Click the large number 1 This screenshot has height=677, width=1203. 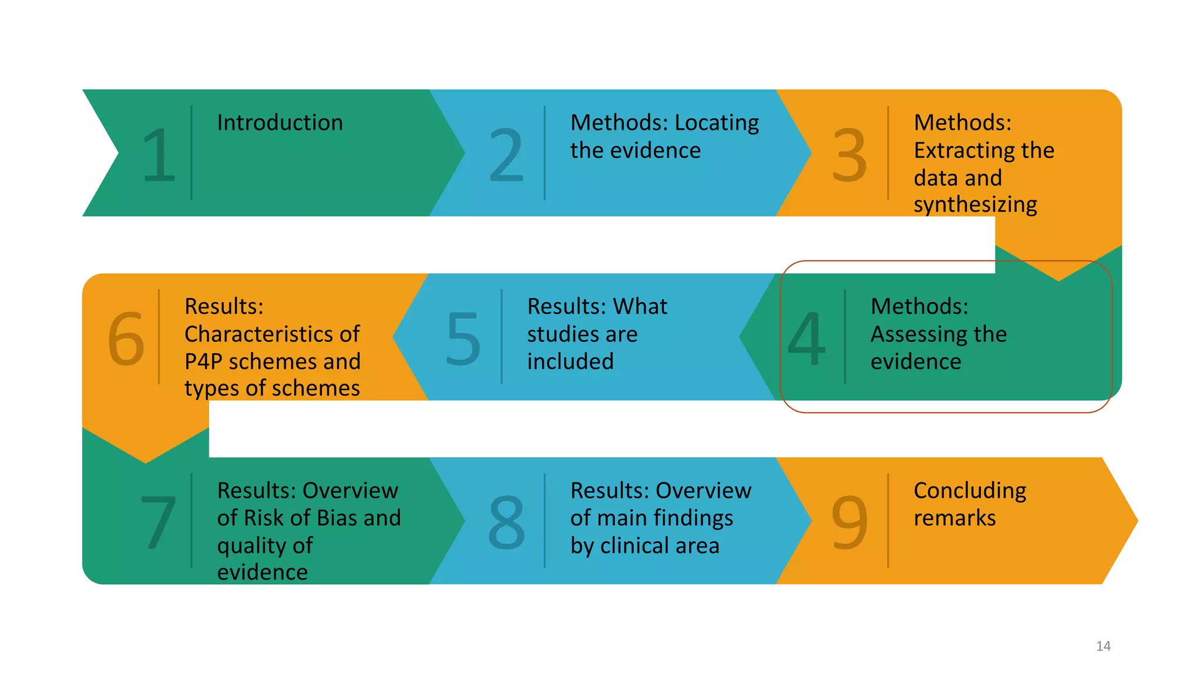click(x=159, y=155)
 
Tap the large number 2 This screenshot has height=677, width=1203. click(x=506, y=155)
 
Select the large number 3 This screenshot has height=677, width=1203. click(x=849, y=155)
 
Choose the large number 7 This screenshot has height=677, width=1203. click(x=159, y=522)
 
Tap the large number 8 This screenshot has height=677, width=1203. click(x=506, y=522)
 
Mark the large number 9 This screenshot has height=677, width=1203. click(x=849, y=522)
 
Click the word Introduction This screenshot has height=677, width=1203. click(x=280, y=123)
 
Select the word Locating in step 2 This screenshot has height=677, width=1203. click(x=717, y=123)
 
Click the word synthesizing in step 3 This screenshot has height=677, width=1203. click(x=975, y=205)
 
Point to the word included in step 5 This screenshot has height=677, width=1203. click(x=570, y=361)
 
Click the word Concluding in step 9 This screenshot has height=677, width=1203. click(x=970, y=491)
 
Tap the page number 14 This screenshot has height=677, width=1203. click(x=1103, y=646)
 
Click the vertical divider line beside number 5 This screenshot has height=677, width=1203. click(x=502, y=337)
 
